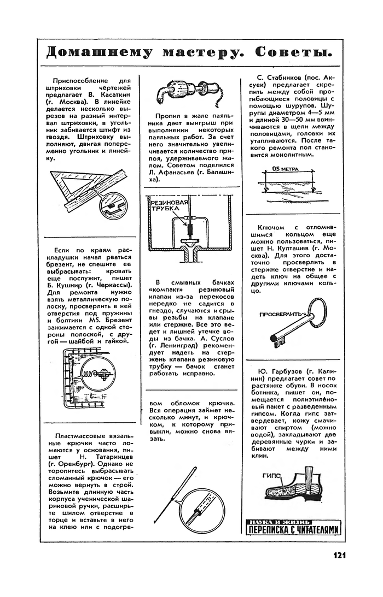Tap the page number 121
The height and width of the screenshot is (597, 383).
(339, 555)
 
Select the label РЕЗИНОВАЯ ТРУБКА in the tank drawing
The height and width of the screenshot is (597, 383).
(168, 205)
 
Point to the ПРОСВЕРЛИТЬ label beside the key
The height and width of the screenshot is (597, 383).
(280, 315)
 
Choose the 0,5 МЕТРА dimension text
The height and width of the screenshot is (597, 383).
(286, 170)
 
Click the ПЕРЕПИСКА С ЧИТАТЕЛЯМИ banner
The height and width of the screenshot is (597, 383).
(293, 530)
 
